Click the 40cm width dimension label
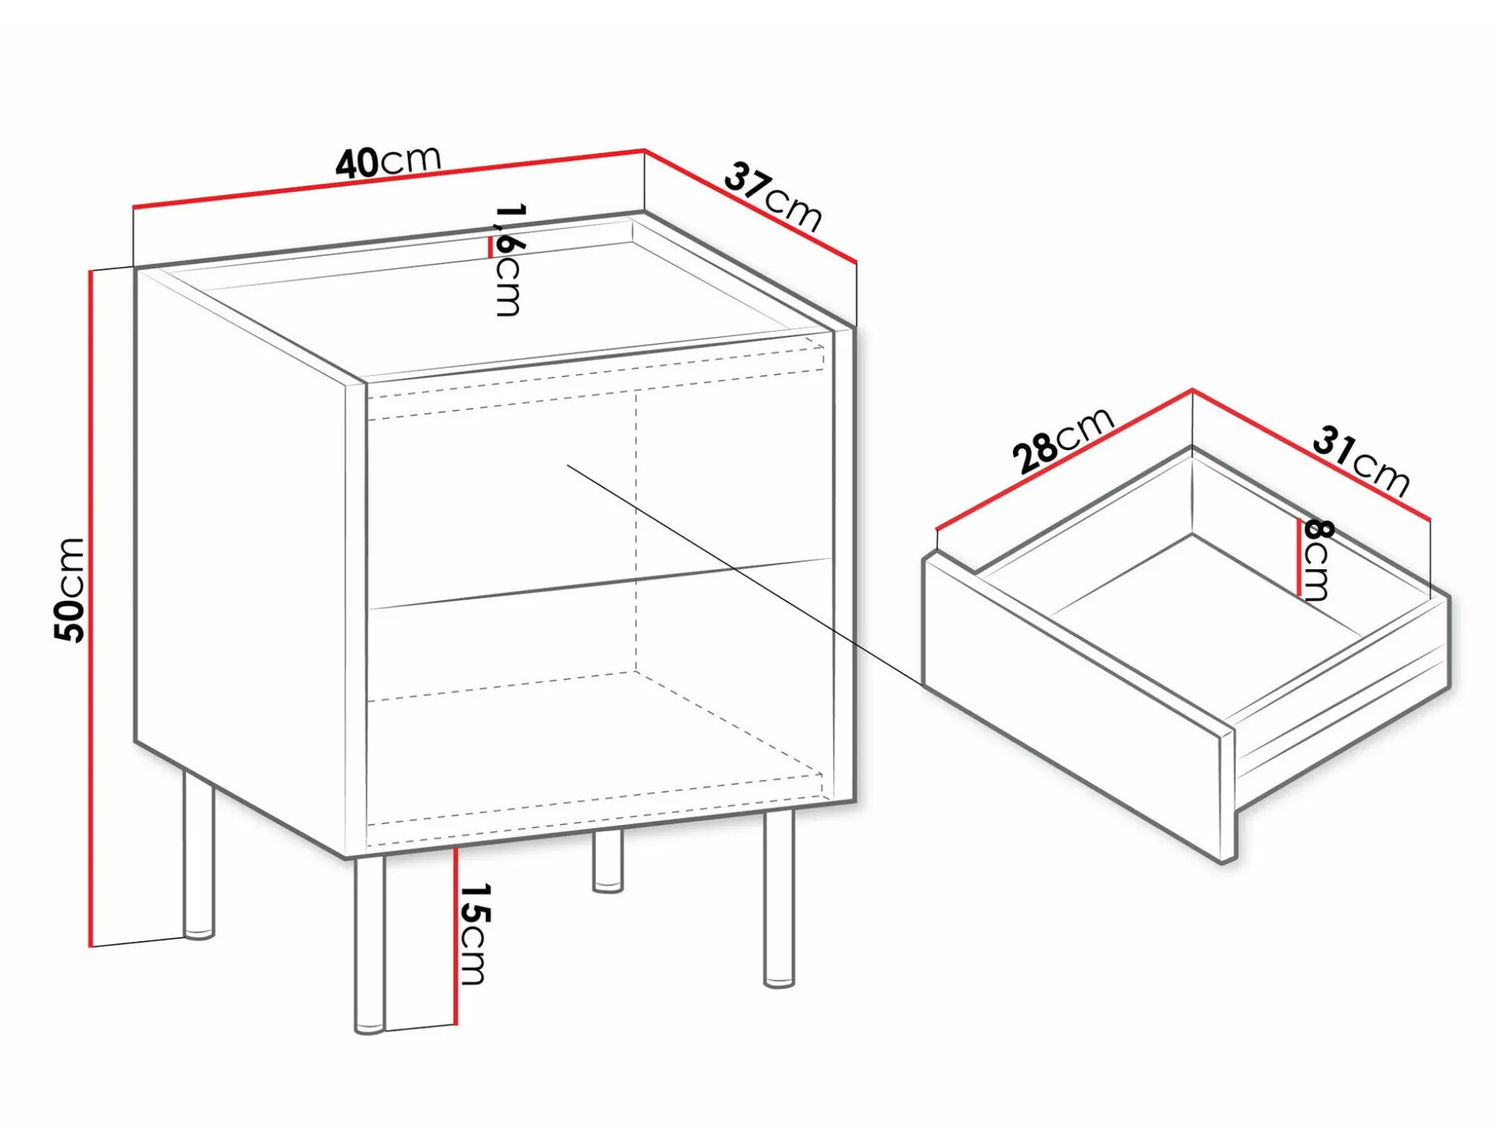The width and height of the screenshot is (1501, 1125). pyautogui.click(x=388, y=162)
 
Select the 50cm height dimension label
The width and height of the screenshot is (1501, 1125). pyautogui.click(x=70, y=589)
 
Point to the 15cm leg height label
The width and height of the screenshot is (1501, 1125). pyautogui.click(x=474, y=934)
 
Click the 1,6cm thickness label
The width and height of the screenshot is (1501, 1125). pyautogui.click(x=509, y=260)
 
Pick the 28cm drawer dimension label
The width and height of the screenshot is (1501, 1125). pyautogui.click(x=1062, y=440)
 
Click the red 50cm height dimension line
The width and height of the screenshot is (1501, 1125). pyautogui.click(x=91, y=608)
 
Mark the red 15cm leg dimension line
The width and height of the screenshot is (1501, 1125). pyautogui.click(x=456, y=936)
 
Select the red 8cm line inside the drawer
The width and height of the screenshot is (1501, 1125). pyautogui.click(x=1299, y=557)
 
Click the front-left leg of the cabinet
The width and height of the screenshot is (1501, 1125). pyautogui.click(x=369, y=945)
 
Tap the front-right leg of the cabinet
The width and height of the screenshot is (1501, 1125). pyautogui.click(x=778, y=899)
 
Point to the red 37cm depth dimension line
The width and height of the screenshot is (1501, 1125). pyautogui.click(x=750, y=206)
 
